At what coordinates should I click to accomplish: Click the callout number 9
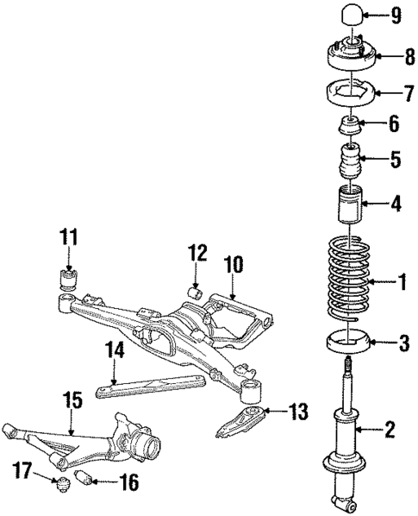395,15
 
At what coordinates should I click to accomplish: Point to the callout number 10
232,263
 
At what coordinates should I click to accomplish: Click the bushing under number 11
67,278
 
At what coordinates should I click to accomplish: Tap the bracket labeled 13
241,423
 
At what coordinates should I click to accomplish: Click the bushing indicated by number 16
87,478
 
